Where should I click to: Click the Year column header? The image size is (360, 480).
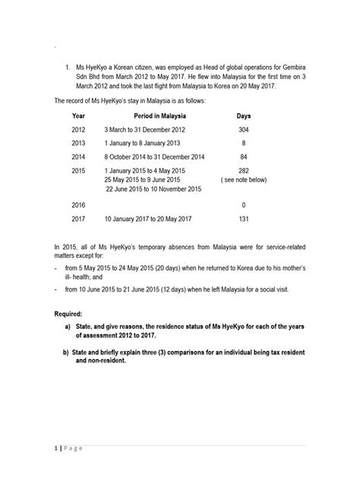(x=78, y=115)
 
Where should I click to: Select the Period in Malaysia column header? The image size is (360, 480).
(x=160, y=115)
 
